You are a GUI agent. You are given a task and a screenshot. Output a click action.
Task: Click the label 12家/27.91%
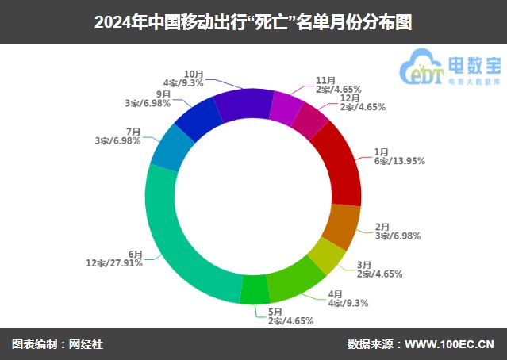114,263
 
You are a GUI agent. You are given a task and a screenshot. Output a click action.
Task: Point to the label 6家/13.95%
399,161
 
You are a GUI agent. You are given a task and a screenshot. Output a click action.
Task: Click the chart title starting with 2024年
253,21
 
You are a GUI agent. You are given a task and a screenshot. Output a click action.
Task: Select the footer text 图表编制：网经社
57,344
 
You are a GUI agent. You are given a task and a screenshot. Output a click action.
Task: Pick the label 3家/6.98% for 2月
398,236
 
